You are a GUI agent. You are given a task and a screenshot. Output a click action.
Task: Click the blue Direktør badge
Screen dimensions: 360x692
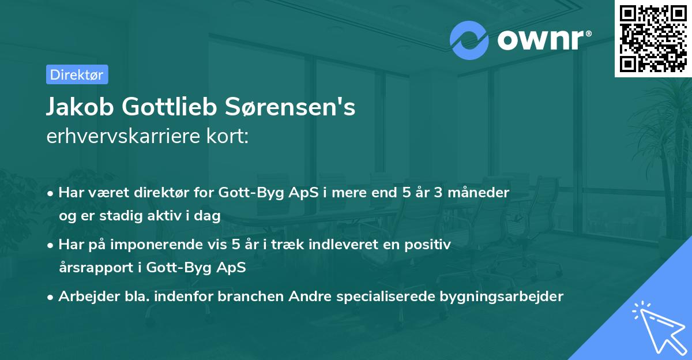(77, 74)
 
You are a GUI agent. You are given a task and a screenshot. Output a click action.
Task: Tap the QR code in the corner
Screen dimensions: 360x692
(653, 38)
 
